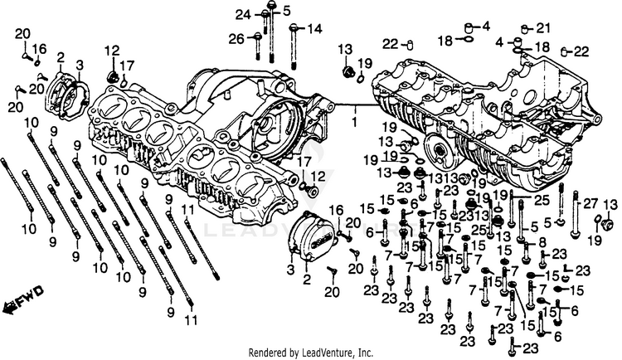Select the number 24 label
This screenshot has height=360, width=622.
[242, 14]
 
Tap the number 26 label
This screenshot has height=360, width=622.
[236, 38]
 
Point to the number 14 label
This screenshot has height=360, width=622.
[314, 29]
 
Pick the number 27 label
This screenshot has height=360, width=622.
[590, 203]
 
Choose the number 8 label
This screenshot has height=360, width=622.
[542, 241]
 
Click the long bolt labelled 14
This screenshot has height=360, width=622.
[294, 46]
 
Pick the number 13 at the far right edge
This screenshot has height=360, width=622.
[610, 205]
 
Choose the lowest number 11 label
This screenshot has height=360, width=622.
[191, 320]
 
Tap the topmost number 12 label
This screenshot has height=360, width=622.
[111, 51]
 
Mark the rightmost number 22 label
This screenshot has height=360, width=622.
[603, 51]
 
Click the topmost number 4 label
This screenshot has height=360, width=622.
[485, 25]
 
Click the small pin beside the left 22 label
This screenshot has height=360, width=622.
[410, 44]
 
